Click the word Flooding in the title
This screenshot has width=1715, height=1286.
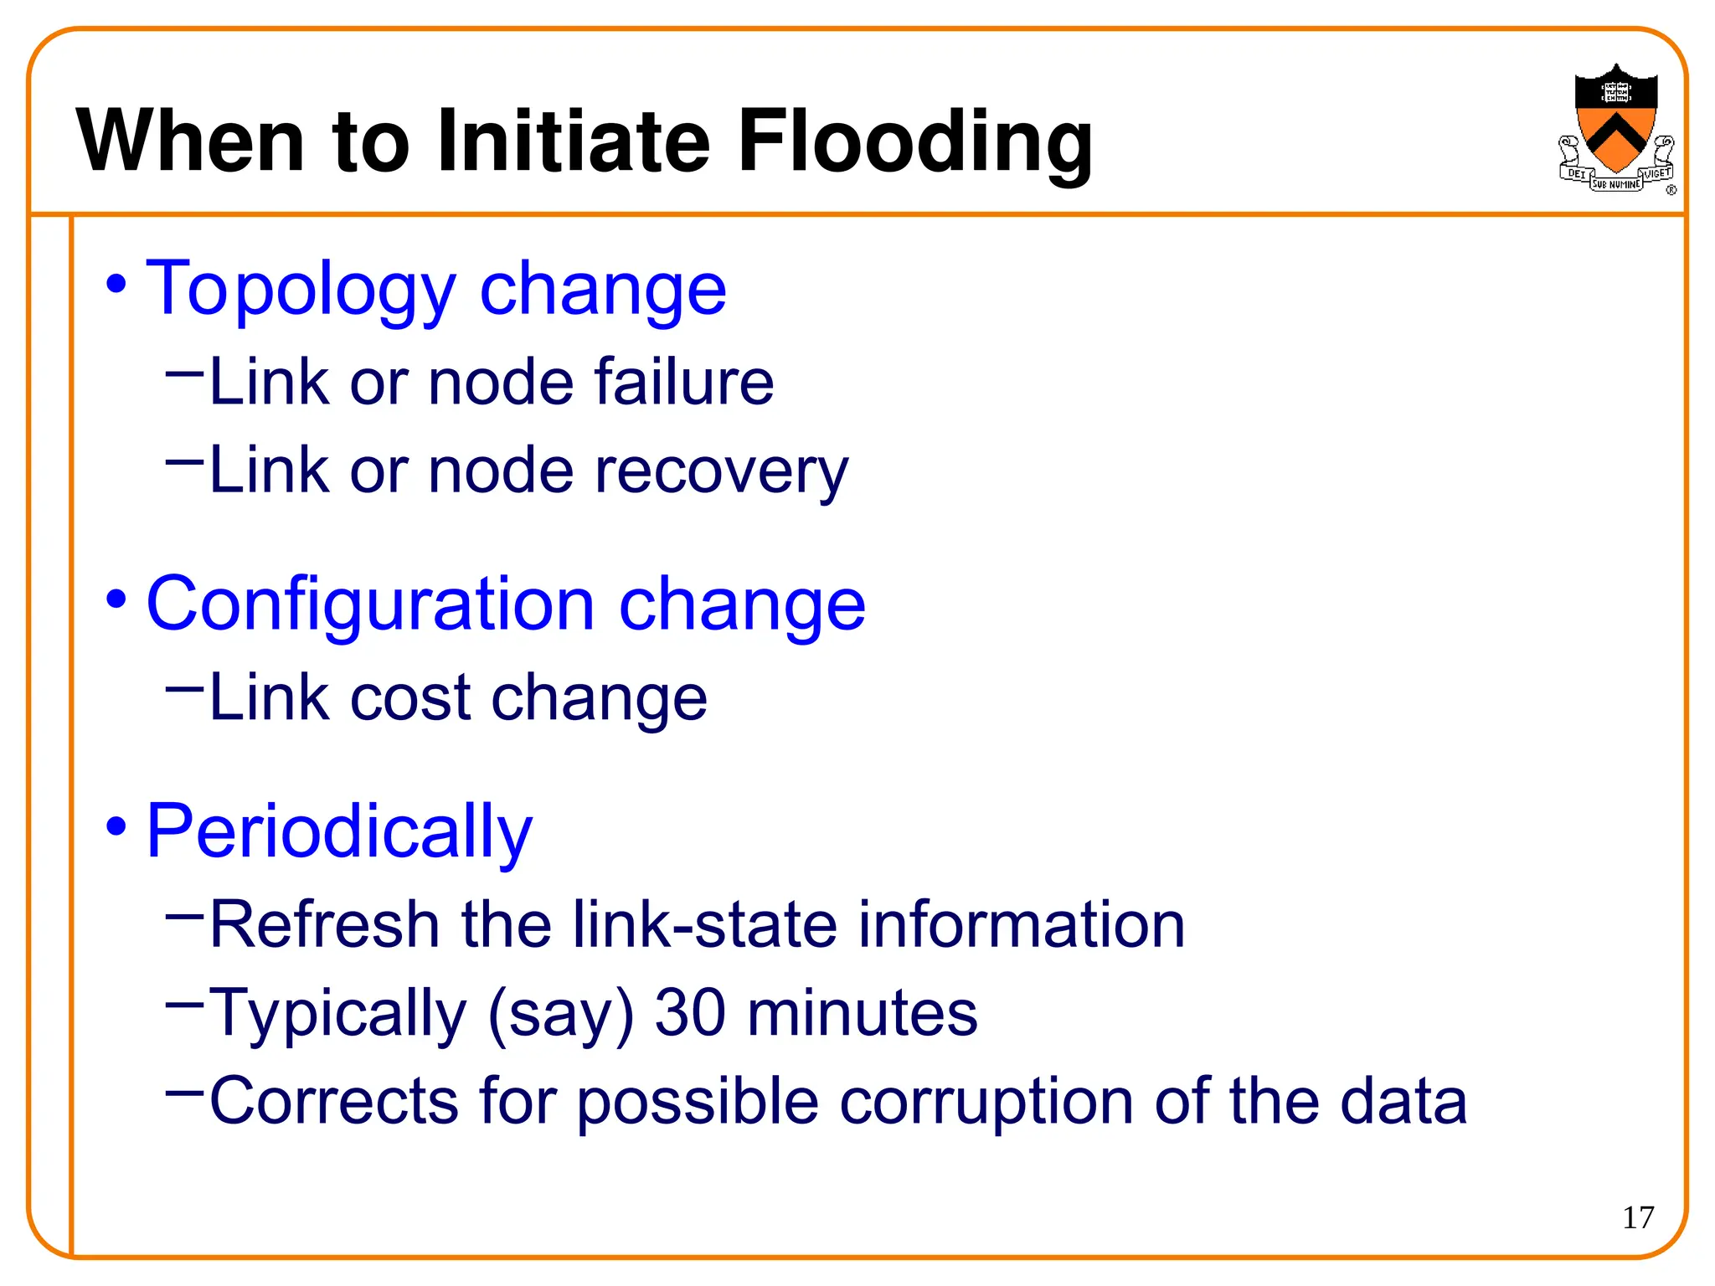(914, 142)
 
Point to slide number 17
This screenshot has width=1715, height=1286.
(1638, 1217)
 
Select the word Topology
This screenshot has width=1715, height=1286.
(300, 290)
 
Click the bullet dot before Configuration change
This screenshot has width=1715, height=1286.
(116, 599)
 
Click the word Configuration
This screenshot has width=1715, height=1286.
(370, 604)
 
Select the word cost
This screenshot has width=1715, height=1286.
(410, 697)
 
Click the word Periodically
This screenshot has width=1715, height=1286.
(339, 831)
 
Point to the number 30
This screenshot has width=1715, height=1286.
(689, 1012)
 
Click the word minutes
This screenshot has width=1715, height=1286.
(862, 1012)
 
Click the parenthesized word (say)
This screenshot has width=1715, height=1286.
(560, 1014)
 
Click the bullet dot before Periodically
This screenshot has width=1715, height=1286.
(116, 827)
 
